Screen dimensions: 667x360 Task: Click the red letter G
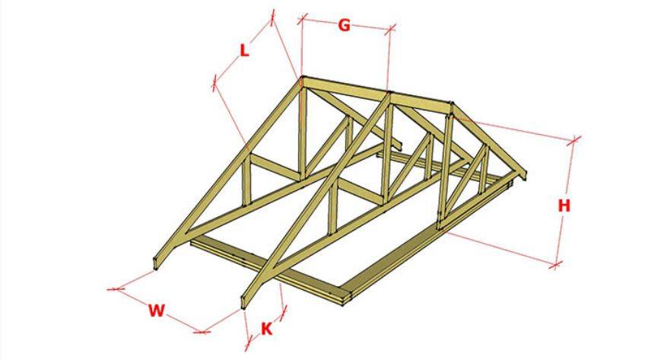344,26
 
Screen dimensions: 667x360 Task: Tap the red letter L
244,51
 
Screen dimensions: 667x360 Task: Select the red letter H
564,206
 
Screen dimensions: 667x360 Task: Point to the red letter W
156,311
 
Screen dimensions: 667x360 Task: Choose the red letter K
266,329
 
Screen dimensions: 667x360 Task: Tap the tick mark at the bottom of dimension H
555,265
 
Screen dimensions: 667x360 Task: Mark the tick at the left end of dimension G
302,18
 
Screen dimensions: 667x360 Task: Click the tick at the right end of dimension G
389,29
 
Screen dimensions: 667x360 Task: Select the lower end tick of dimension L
214,82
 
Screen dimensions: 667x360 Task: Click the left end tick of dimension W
116,289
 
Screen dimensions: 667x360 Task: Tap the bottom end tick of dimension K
249,341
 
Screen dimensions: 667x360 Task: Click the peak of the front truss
303,78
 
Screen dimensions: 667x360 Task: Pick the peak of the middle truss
389,93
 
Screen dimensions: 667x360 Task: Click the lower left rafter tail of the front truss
156,263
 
